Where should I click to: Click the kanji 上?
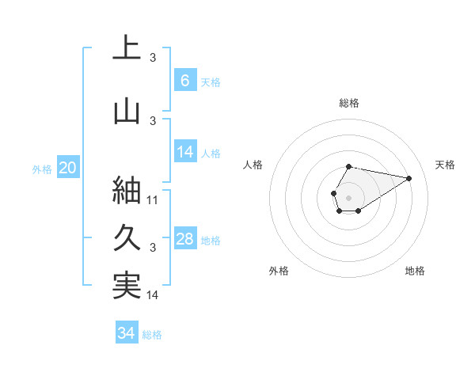tap(127, 48)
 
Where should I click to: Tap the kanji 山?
tap(127, 112)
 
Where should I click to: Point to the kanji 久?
tap(127, 237)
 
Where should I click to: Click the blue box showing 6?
tap(184, 80)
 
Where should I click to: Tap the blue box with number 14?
tap(184, 152)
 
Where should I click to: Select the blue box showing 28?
tap(184, 239)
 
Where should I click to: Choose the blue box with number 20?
tap(68, 167)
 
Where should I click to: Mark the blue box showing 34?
tap(126, 333)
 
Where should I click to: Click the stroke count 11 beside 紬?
tap(153, 200)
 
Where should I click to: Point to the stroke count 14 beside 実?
tap(153, 295)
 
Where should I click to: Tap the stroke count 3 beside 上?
tap(153, 57)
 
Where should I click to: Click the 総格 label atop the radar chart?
tap(349, 103)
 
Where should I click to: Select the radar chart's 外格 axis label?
tap(279, 271)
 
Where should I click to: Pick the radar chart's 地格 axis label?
tap(415, 271)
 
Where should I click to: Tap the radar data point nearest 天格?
tap(409, 177)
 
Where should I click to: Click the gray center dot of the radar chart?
tap(348, 196)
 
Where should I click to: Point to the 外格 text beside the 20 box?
tap(42, 169)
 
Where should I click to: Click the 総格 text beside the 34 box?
tap(152, 335)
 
